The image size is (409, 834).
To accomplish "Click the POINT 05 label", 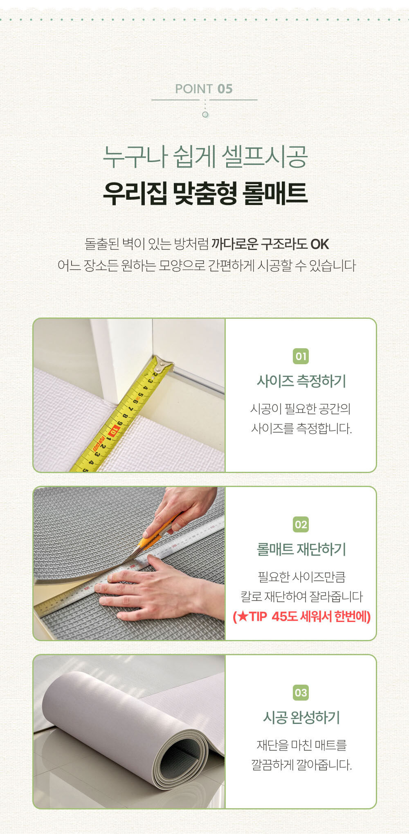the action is [x=204, y=89].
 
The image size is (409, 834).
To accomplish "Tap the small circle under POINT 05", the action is [x=205, y=115].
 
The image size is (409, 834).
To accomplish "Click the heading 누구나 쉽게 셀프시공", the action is [x=204, y=157].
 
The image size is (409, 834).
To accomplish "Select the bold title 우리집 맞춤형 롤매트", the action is [x=204, y=193].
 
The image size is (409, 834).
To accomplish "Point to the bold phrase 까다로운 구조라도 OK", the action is [x=270, y=244].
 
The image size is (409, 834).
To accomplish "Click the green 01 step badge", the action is [x=301, y=356].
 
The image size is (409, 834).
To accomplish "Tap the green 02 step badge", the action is [x=301, y=525].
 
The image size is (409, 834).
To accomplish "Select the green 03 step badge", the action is [x=301, y=693].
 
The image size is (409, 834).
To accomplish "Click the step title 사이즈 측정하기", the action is [x=301, y=381].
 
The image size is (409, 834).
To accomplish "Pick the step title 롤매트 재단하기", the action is [x=301, y=549].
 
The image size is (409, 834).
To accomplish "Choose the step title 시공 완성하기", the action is [x=301, y=717].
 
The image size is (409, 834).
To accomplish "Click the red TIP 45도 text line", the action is [x=301, y=616].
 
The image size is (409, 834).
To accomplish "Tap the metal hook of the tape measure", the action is [x=164, y=363].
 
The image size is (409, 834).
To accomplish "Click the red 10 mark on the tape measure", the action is [x=113, y=432].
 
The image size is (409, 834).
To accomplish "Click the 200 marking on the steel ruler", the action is [x=132, y=567].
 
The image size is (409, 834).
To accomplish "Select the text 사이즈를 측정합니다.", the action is [x=301, y=429].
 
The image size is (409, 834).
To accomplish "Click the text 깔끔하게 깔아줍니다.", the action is [x=301, y=765].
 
